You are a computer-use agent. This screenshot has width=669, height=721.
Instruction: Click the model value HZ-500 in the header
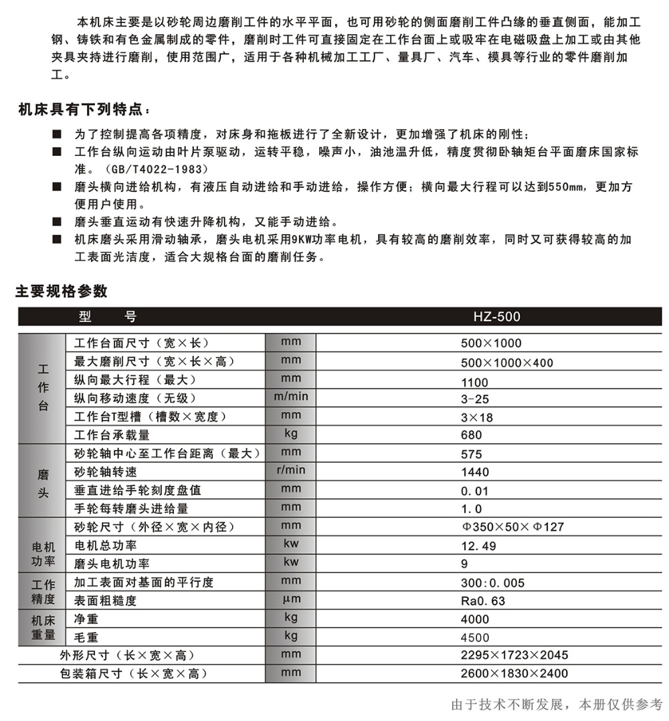tap(496, 317)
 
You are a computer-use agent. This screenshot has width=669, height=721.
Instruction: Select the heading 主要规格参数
tap(62, 292)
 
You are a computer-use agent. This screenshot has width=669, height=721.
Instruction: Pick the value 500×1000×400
tap(506, 363)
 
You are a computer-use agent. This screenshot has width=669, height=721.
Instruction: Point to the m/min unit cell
tap(291, 397)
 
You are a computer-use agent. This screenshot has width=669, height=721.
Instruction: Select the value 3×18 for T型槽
tap(477, 417)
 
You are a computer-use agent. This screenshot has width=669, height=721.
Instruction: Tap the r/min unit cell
tap(291, 470)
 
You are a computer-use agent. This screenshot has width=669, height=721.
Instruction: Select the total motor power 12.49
tap(478, 546)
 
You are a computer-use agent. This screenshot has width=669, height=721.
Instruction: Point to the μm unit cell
tap(291, 599)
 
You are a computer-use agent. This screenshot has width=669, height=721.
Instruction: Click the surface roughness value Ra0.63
tap(483, 601)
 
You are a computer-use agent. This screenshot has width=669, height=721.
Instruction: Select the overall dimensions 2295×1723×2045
tap(514, 655)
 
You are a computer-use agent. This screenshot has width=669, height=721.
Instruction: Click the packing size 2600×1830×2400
tap(514, 674)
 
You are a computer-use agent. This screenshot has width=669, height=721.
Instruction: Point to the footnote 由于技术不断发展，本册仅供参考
tap(557, 704)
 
